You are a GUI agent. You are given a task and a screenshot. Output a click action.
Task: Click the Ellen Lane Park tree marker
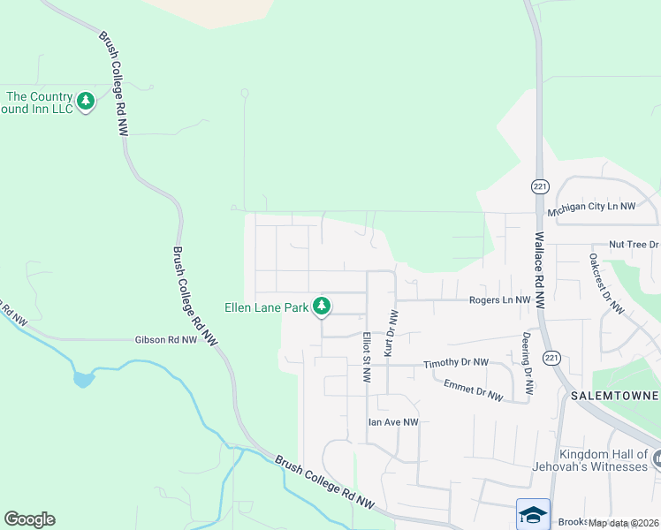pos(323,306)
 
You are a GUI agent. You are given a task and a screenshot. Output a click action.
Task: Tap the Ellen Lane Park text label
pos(265,307)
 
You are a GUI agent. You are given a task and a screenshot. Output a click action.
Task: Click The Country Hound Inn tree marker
pos(86,102)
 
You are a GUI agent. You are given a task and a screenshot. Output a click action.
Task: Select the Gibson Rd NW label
pos(165,339)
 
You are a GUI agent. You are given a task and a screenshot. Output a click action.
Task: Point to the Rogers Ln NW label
pos(499,300)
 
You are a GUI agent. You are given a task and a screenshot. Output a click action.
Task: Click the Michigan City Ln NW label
pos(591,206)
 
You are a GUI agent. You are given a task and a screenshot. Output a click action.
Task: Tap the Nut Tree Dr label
pos(634,244)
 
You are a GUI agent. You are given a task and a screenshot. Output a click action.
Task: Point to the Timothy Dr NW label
pos(455,363)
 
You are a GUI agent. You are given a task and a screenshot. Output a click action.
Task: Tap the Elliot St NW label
pos(366,357)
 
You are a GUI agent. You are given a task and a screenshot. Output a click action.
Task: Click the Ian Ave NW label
pos(392,422)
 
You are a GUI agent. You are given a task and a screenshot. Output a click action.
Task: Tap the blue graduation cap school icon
pos(533,514)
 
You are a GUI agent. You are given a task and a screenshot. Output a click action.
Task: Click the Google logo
pos(29,519)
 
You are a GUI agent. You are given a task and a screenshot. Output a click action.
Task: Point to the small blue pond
pos(83,380)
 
